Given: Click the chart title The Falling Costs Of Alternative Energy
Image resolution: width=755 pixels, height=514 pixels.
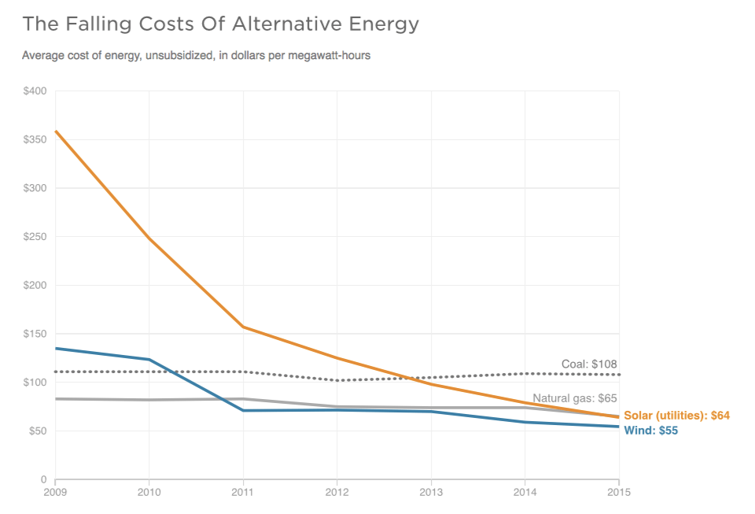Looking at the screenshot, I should [220, 24].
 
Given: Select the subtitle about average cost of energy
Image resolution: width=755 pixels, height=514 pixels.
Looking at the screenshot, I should [196, 56].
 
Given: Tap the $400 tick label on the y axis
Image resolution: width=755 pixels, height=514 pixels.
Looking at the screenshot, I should [35, 91].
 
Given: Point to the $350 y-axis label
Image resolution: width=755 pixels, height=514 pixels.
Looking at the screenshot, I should [35, 139].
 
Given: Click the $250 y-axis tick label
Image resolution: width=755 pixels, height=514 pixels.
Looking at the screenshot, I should [35, 237].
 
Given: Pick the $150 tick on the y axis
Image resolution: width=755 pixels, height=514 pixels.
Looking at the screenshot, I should [35, 334].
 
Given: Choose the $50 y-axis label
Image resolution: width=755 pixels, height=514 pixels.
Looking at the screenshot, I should [37, 431].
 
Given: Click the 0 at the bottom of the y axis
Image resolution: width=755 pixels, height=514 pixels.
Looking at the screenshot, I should [44, 479].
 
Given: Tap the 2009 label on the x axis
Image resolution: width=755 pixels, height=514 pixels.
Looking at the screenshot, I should [55, 494].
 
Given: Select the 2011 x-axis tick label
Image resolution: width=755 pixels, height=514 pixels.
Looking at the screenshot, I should [243, 494].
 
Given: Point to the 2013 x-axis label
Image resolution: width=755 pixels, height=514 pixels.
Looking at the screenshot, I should [431, 494].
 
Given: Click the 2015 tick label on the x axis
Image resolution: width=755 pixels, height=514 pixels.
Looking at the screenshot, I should [618, 494].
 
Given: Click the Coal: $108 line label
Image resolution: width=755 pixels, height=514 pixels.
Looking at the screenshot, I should [589, 364].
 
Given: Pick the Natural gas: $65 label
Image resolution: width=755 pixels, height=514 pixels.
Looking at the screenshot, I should [575, 398].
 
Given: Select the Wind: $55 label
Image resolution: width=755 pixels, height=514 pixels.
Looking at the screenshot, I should [650, 431].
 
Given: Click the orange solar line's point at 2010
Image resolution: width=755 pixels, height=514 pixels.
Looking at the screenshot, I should [149, 239].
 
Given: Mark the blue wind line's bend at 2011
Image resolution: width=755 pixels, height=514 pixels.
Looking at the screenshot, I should [243, 410].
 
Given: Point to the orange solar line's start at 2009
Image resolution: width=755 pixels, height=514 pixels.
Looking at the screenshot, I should [56, 131].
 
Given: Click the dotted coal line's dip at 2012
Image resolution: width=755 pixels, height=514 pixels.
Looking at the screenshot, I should [337, 380].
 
